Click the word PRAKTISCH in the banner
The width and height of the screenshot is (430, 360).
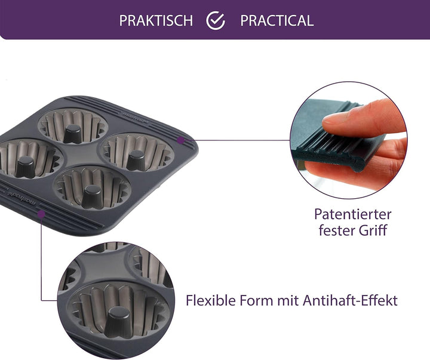(x=156, y=20)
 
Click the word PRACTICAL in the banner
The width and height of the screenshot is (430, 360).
(x=277, y=20)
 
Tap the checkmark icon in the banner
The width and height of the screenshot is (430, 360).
(x=216, y=20)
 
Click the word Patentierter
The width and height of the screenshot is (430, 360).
(x=353, y=214)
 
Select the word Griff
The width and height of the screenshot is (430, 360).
(x=373, y=230)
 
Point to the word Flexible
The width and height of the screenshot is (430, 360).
(x=211, y=300)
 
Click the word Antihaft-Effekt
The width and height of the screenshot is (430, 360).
(x=350, y=300)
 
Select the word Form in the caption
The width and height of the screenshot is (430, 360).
(x=256, y=300)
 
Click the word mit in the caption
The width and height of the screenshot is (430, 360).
(x=288, y=300)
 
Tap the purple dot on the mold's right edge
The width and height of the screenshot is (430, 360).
(x=180, y=140)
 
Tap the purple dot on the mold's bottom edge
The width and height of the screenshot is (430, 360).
(x=41, y=214)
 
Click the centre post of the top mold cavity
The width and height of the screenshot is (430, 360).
(x=73, y=134)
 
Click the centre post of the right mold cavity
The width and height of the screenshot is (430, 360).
(x=136, y=160)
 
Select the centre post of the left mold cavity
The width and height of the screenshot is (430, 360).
(x=25, y=167)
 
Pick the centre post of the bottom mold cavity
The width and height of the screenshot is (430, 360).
(x=91, y=196)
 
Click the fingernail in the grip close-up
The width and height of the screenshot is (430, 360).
(x=333, y=119)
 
